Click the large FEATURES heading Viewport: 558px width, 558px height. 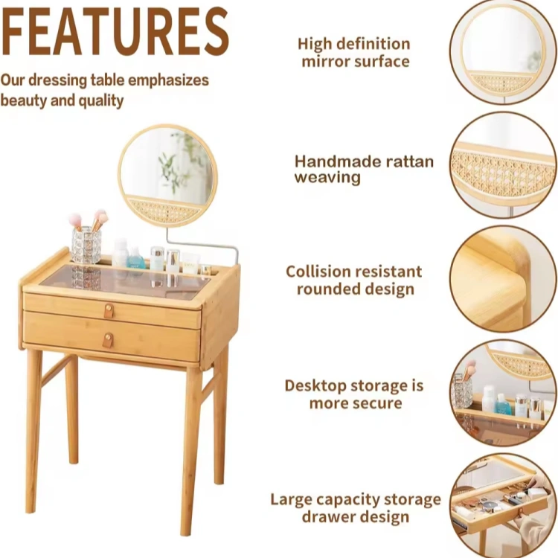point(115,31)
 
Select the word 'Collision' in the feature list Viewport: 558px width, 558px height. point(318,272)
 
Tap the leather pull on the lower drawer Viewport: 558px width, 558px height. point(108,340)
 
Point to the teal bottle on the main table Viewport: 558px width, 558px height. point(135,257)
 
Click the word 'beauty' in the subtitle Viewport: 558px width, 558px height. point(25,101)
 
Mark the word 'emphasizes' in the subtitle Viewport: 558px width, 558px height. point(168,81)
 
